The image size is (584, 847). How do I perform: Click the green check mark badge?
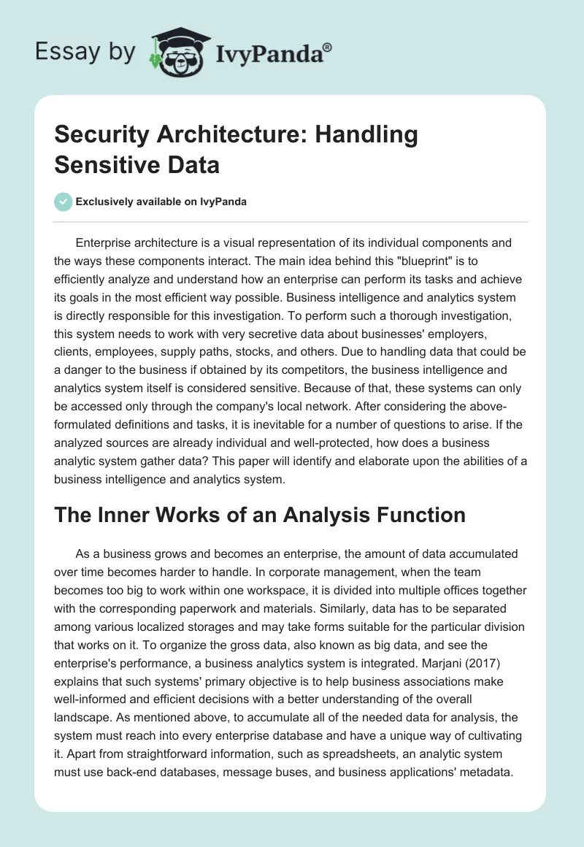point(64,202)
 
